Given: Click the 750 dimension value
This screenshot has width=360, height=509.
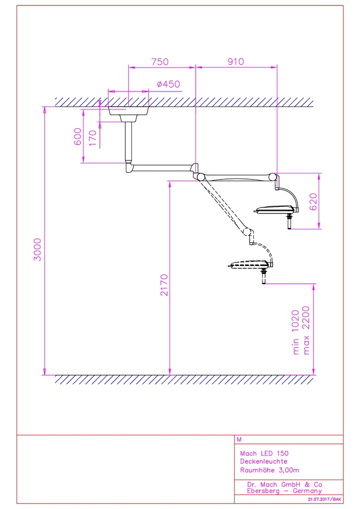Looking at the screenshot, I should pyautogui.click(x=160, y=62).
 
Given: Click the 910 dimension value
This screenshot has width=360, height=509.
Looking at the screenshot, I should pyautogui.click(x=236, y=62).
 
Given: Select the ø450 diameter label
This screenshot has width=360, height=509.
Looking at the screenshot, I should pyautogui.click(x=168, y=85).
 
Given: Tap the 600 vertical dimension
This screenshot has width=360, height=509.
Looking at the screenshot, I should pyautogui.click(x=78, y=136).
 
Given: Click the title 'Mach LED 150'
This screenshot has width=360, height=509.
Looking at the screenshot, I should pyautogui.click(x=264, y=453).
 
